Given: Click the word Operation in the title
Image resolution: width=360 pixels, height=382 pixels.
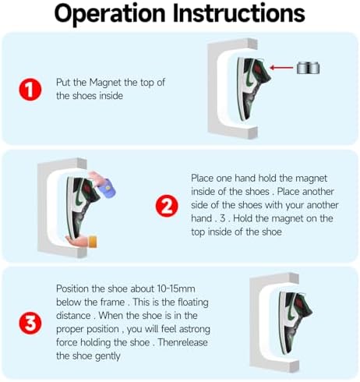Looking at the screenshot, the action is tap(110, 14).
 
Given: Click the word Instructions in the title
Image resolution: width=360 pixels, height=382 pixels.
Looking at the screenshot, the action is tap(239, 12).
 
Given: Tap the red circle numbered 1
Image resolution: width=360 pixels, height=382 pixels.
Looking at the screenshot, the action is tap(30, 89).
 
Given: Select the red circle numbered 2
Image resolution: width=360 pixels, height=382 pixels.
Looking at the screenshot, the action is tap(167, 206).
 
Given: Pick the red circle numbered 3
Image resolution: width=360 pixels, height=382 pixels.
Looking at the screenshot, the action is tap(30, 323).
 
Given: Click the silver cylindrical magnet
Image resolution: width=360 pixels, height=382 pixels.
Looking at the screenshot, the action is tap(308, 69).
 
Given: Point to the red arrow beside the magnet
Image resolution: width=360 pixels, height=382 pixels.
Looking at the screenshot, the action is tap(281, 68).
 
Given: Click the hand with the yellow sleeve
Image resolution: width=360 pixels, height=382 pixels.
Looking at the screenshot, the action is tap(82, 241).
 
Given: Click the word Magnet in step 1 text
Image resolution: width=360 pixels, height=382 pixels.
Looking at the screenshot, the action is tap(105, 83).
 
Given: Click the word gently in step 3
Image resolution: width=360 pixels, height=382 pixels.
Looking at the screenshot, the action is tap(108, 356).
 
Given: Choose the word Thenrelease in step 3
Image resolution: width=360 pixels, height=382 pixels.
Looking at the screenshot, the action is tap(182, 342).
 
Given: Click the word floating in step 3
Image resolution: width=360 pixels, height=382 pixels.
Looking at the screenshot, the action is tap(193, 302).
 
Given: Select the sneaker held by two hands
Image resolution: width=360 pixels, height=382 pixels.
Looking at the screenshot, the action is tap(83, 207).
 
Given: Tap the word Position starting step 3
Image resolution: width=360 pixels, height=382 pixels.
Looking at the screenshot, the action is tap(72, 288).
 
